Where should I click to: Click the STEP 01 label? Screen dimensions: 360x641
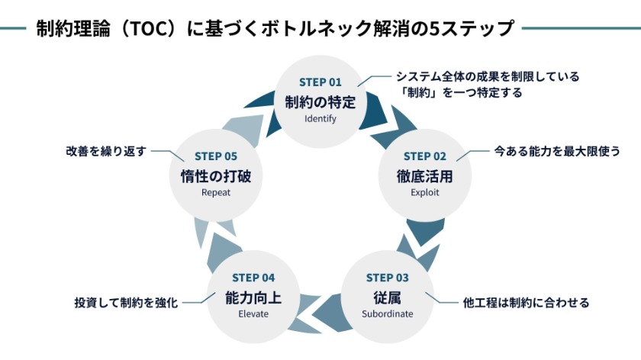[x=320, y=82]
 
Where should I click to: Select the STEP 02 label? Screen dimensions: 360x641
[x=424, y=156]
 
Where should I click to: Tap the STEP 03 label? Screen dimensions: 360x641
[x=387, y=277]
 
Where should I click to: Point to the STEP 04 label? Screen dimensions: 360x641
[x=253, y=277]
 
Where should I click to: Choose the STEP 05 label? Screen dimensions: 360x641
[x=216, y=156]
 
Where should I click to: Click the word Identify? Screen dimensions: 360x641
[x=320, y=119]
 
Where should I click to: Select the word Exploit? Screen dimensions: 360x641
[x=424, y=193]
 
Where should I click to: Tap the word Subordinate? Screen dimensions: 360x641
[x=387, y=313]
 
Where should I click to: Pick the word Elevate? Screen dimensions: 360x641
[x=253, y=313]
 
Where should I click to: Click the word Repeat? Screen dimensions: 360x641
[x=216, y=193]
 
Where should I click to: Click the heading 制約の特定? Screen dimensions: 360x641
[x=320, y=101]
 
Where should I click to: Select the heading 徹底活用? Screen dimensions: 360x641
[x=424, y=175]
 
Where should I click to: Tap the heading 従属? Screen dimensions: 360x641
[x=387, y=296]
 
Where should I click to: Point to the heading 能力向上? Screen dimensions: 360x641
[x=253, y=296]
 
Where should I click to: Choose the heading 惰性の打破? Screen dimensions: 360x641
[x=216, y=175]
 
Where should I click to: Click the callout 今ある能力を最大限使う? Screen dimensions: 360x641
[x=557, y=151]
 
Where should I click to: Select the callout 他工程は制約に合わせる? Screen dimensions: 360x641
[x=527, y=303]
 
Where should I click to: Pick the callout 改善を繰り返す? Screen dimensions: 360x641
[x=105, y=151]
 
